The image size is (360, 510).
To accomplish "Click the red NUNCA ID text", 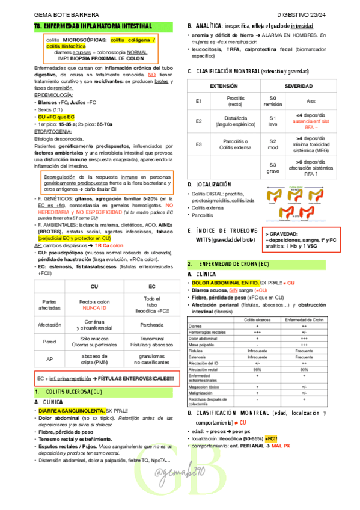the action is [94, 308].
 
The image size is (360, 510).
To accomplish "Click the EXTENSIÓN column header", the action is [223, 87].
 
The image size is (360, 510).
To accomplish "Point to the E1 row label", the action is [199, 100].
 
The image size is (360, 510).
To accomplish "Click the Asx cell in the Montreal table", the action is [311, 101].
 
